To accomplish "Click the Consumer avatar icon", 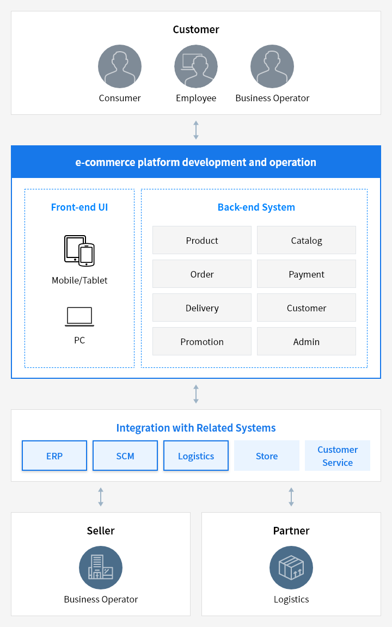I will [120, 66].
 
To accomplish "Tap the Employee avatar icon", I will [196, 66].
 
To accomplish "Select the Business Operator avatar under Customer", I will [272, 66].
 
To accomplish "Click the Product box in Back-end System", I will [202, 240].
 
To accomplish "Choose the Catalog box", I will [307, 240].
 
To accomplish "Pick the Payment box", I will [307, 274].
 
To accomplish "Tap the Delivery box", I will [202, 308].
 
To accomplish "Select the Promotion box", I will [202, 341].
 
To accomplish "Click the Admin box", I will [307, 341].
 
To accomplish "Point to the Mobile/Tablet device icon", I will [79, 251].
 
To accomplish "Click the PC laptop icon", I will [79, 317].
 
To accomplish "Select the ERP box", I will [54, 456].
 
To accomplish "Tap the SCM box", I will [125, 456].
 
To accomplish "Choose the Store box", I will [267, 456].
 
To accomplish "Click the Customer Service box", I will [338, 456].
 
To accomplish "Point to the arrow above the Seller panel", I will [101, 496].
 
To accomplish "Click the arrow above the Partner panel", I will [291, 496].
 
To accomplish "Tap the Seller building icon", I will [101, 568].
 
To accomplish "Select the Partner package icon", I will [291, 568].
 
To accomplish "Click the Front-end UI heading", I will [79, 207].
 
